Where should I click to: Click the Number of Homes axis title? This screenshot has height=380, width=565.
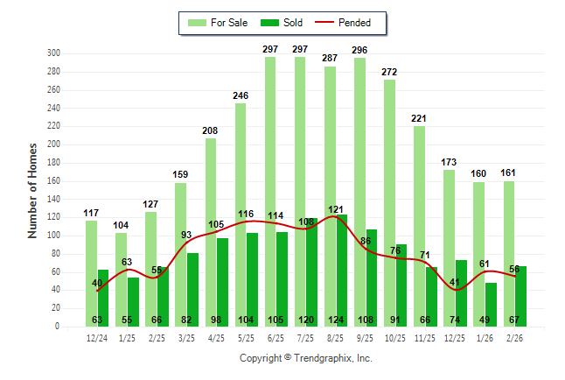tap(33, 190)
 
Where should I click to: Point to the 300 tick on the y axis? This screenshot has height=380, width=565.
tap(53, 53)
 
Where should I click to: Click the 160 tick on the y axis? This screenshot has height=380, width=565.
tap(53, 181)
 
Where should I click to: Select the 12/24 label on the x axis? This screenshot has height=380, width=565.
tap(97, 337)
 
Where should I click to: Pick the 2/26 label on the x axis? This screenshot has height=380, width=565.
tap(514, 337)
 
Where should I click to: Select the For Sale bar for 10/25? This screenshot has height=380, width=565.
tap(389, 193)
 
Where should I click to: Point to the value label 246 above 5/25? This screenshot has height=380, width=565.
tap(241, 95)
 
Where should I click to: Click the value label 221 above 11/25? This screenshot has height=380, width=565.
tap(420, 118)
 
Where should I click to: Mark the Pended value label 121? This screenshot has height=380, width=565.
tap(336, 209)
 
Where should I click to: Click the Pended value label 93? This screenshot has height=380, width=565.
tap(186, 235)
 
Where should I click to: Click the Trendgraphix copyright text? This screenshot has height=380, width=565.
tap(306, 358)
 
